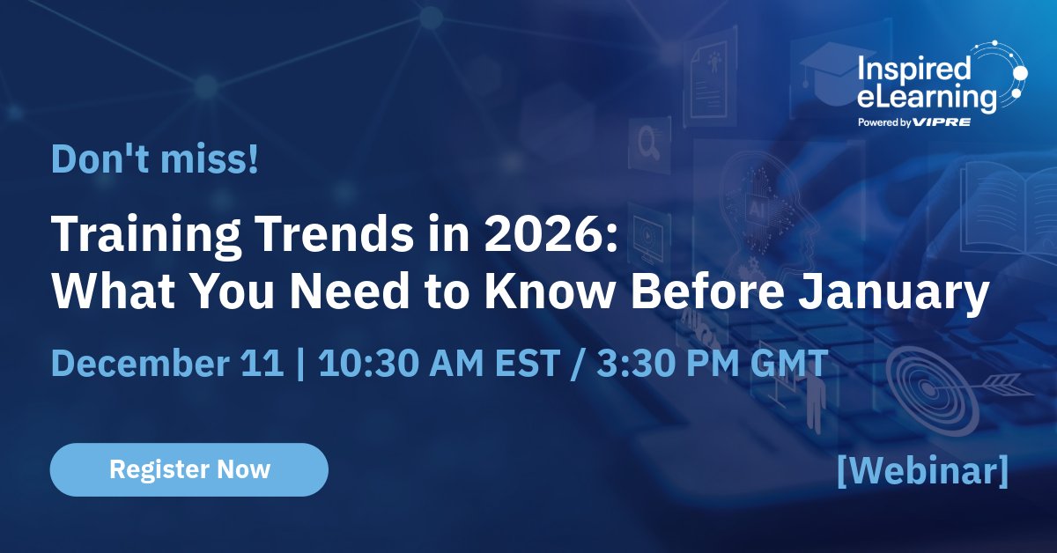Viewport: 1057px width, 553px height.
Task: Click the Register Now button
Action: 188,469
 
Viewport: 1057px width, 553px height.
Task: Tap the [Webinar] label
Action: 922,471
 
